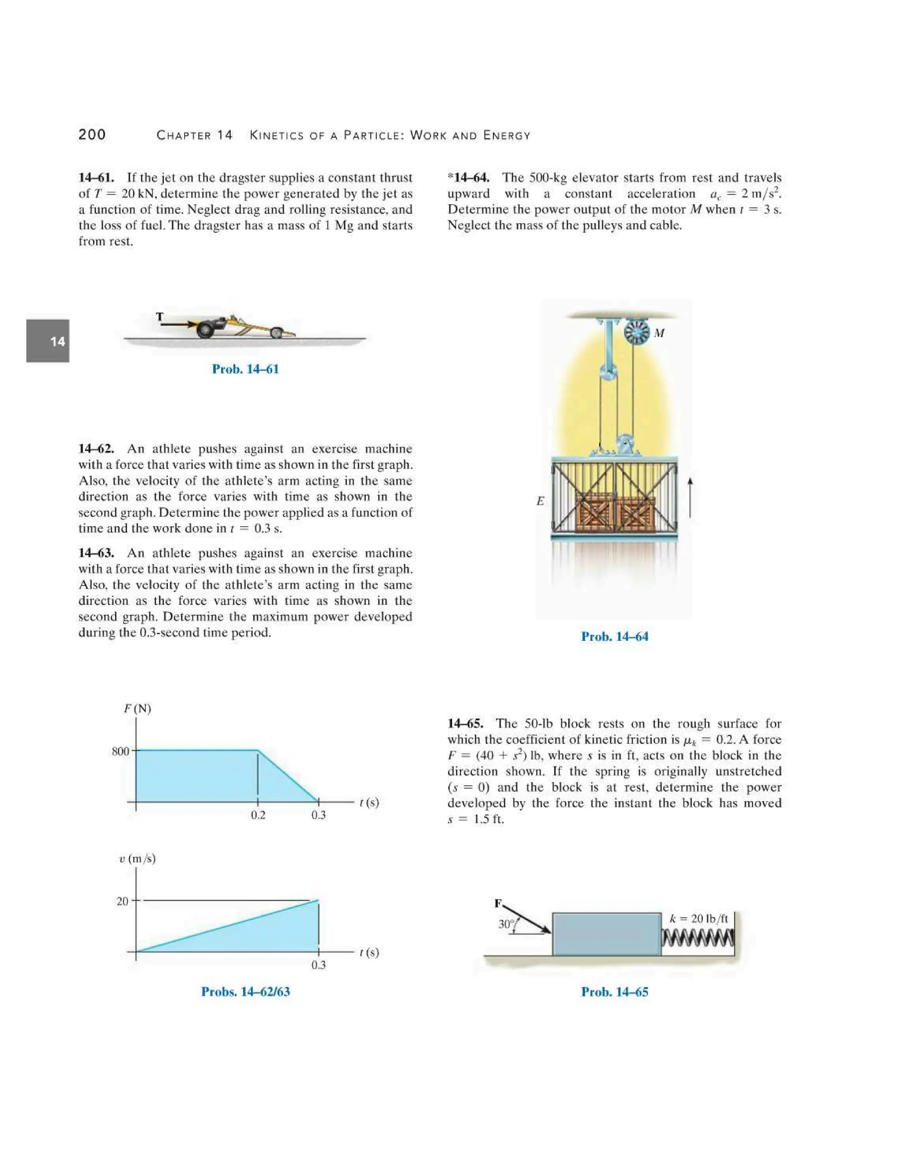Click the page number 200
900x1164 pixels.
click(x=92, y=135)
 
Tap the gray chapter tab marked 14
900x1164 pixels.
click(x=48, y=341)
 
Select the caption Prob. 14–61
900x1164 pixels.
click(x=245, y=369)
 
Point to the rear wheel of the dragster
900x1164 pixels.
click(x=205, y=330)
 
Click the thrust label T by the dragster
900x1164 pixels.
click(x=160, y=317)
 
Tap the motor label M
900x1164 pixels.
click(x=659, y=333)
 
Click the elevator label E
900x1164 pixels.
click(x=540, y=501)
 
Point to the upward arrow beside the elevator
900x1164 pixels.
click(x=690, y=497)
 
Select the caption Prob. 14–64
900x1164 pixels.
click(x=614, y=636)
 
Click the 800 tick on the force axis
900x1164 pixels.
click(x=120, y=752)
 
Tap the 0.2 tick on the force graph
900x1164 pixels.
click(x=258, y=815)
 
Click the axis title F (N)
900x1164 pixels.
click(x=138, y=709)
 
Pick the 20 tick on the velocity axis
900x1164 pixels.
click(x=123, y=901)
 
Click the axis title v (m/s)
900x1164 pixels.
click(x=138, y=859)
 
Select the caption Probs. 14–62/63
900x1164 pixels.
click(x=245, y=991)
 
